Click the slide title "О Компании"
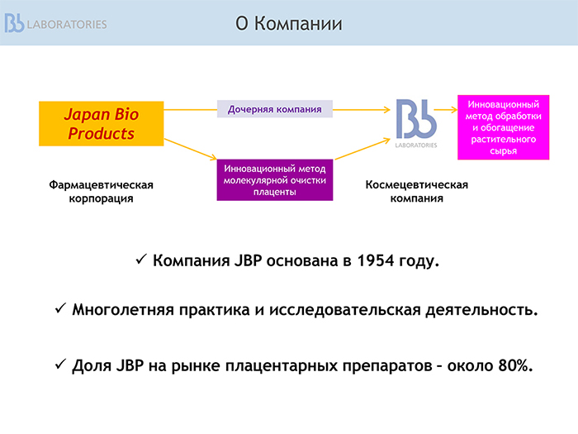289,24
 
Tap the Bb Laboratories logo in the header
55,23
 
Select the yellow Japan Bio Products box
102,124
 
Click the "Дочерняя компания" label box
275,109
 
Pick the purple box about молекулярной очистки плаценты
275,180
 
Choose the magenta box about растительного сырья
503,127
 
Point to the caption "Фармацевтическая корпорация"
101,192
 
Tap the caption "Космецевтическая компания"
416,192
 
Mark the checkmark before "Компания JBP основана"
141,259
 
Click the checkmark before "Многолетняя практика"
61,308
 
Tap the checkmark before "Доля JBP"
61,365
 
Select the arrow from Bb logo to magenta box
446,110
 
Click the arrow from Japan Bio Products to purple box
190,149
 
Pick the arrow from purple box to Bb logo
362,149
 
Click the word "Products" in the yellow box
102,133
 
